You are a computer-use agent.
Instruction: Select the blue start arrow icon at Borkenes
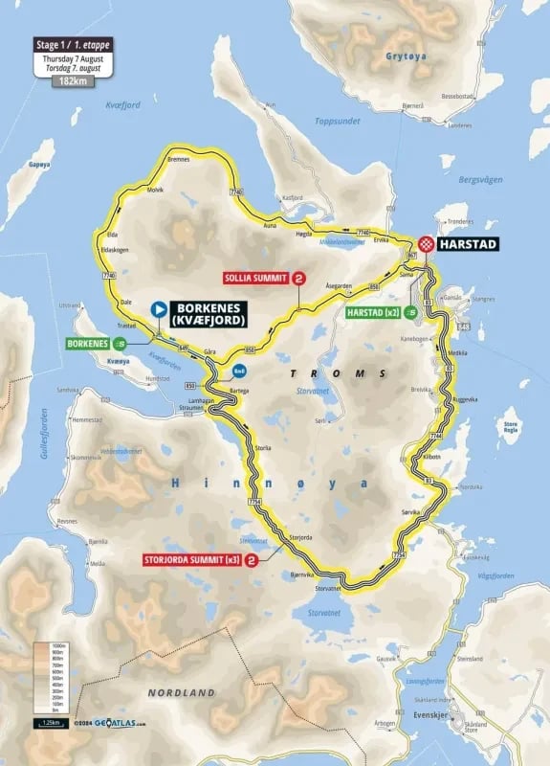tap(158, 309)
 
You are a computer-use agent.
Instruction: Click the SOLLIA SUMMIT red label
tap(255, 279)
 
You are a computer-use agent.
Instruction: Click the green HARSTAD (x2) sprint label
tap(372, 312)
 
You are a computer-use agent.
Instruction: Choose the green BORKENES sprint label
tap(89, 343)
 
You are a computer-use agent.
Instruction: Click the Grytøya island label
tap(402, 56)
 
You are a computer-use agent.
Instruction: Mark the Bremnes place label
tap(180, 159)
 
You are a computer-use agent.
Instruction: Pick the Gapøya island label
tap(39, 165)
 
